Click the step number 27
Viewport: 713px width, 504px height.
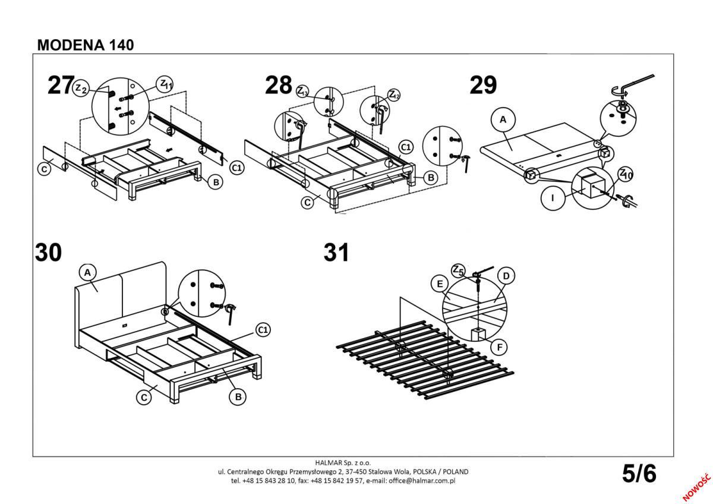(61, 86)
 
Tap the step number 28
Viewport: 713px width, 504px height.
(279, 86)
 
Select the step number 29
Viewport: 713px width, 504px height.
(482, 86)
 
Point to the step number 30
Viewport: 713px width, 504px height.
(48, 253)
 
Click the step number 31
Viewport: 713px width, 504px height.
(336, 253)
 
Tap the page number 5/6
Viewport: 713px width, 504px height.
(639, 474)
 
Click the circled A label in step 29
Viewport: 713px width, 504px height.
(503, 120)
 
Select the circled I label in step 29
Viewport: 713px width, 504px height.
(553, 198)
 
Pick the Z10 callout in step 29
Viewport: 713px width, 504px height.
(626, 174)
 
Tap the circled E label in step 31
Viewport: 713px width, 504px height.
(440, 284)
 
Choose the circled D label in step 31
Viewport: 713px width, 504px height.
(506, 276)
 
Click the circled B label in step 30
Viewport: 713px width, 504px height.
(238, 397)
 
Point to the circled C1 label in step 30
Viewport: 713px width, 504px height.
(263, 329)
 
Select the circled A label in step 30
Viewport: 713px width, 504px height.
(87, 273)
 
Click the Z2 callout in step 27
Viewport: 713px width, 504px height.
(81, 89)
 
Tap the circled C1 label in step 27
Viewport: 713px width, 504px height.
(236, 168)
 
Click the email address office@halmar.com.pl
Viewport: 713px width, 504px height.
(421, 480)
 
